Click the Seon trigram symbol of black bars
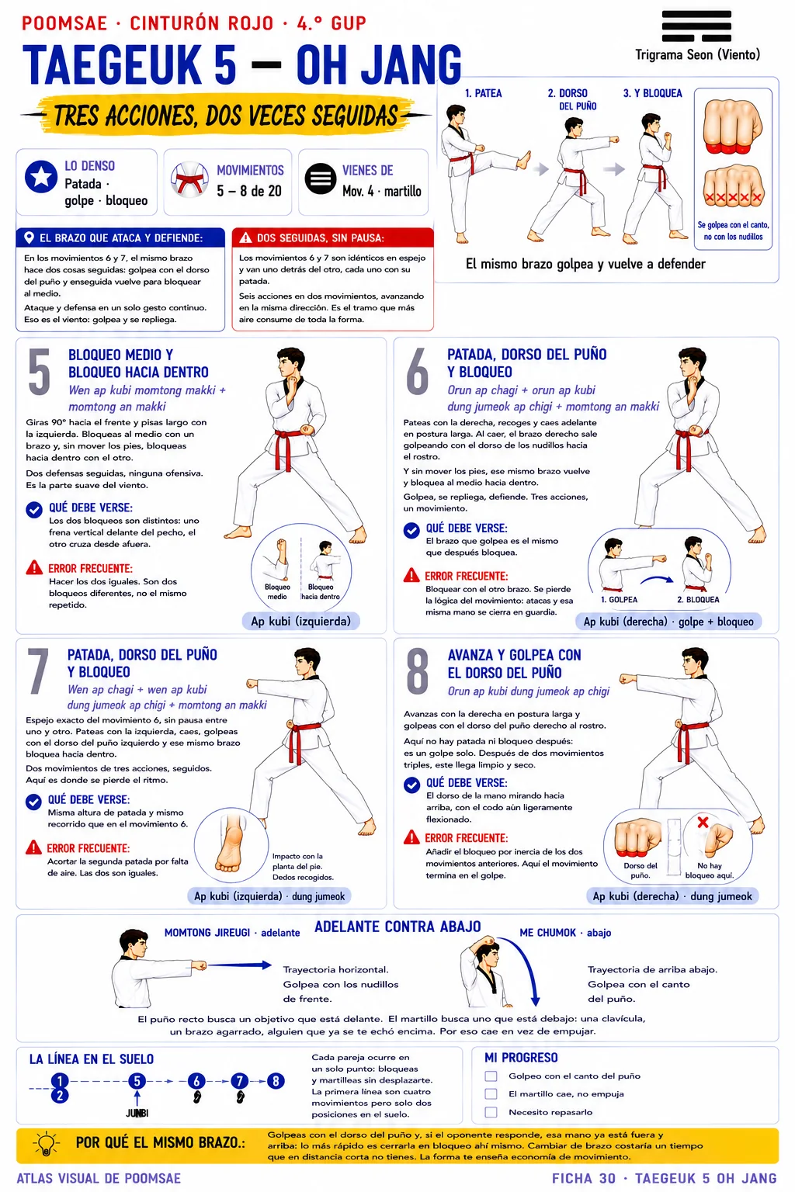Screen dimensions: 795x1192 696,26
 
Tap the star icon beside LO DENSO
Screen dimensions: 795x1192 41,177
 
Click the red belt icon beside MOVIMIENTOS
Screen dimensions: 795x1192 189,179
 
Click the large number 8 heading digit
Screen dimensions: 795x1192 417,671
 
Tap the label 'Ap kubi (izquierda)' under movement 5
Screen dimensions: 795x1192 301,621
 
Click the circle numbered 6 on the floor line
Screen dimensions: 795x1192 196,1081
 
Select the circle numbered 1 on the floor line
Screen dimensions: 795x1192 60,1080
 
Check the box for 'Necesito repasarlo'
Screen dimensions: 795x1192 491,1112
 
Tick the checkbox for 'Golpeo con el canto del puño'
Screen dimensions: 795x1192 491,1076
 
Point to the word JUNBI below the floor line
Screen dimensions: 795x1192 137,1114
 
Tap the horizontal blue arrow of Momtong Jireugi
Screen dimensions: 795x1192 240,965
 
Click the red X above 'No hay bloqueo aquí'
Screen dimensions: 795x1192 703,822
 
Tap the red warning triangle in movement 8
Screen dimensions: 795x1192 411,837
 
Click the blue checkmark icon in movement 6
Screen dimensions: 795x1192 411,531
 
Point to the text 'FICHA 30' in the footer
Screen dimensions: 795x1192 584,1179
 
